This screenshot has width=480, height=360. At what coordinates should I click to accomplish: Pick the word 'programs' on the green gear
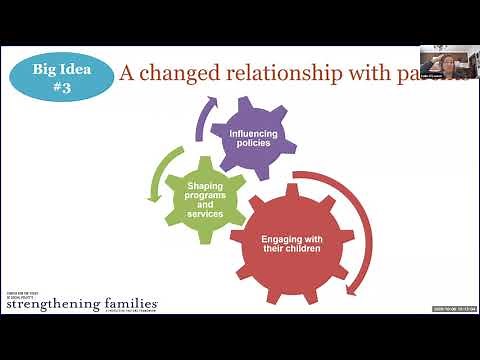click(205, 192)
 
